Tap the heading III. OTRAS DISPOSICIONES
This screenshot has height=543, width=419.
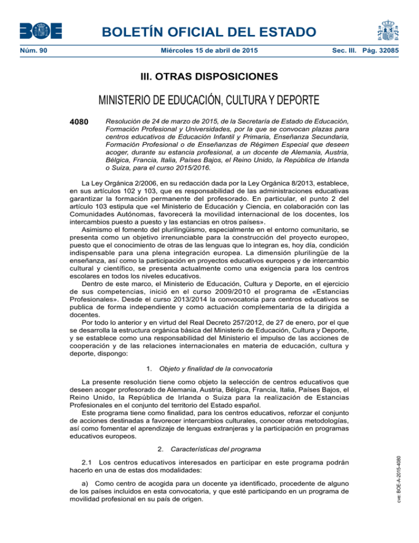[209, 76]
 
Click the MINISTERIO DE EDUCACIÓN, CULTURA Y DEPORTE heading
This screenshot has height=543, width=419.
[209, 103]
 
